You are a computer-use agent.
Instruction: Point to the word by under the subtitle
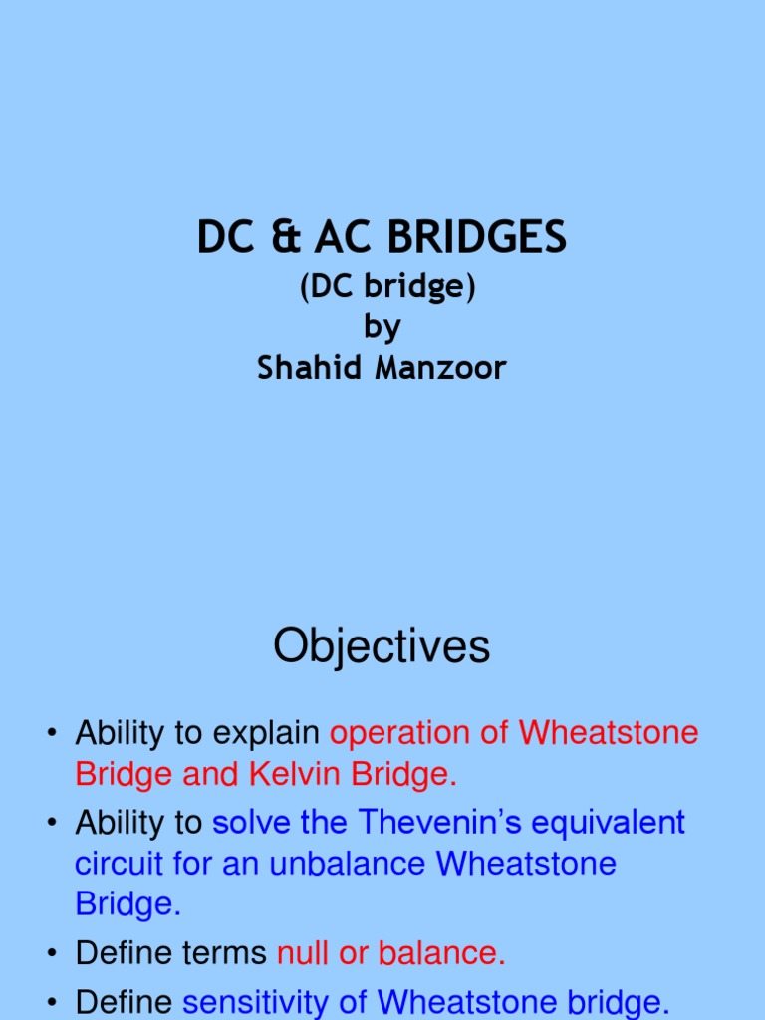382,328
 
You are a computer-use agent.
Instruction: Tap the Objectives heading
382,646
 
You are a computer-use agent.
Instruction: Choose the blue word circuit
116,863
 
